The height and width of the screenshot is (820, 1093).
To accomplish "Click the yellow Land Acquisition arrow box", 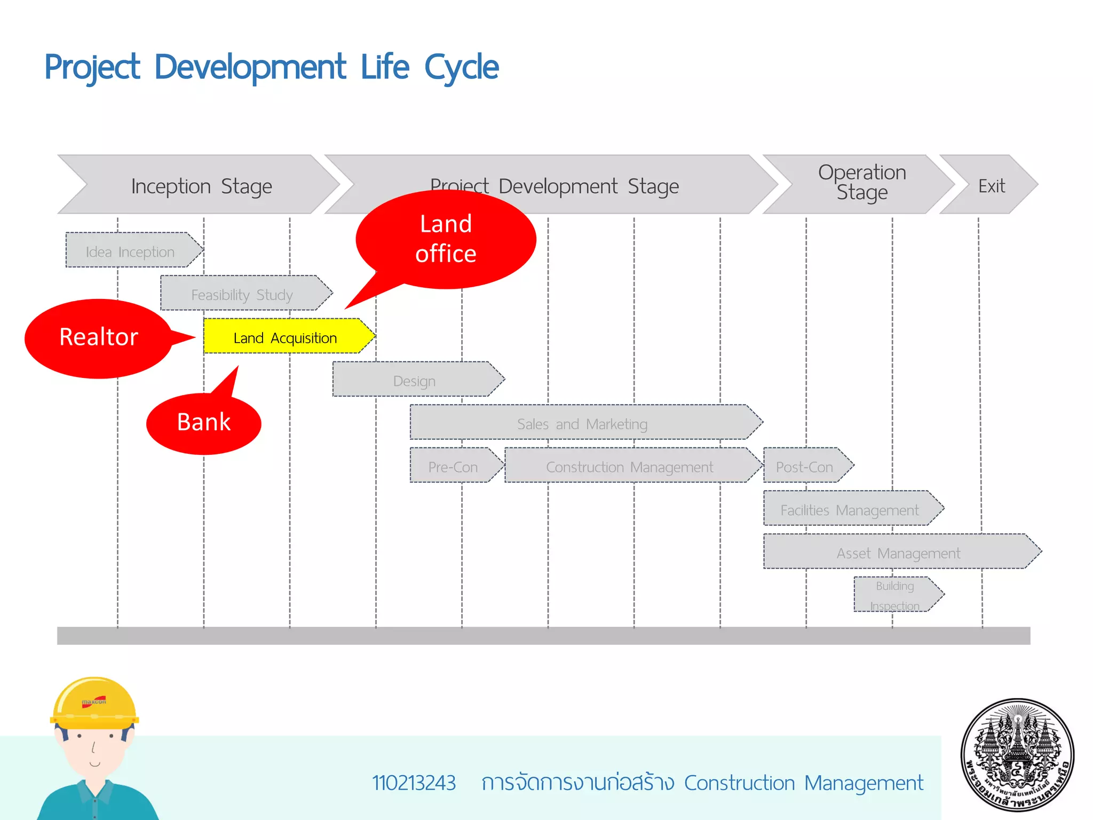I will (x=286, y=337).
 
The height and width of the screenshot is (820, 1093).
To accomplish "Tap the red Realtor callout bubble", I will (x=99, y=338).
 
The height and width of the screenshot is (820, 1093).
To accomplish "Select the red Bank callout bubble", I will (x=203, y=423).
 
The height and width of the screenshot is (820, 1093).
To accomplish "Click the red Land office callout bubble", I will (x=446, y=239).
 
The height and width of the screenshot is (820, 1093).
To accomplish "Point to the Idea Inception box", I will (x=131, y=251).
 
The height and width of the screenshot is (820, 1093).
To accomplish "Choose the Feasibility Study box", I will (x=243, y=294).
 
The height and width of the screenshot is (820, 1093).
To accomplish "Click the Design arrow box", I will (x=415, y=380).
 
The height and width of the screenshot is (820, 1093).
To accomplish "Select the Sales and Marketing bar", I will (x=582, y=423).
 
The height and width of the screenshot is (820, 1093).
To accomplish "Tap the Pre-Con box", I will (x=453, y=466).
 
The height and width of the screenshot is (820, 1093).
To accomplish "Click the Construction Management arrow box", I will (x=630, y=466).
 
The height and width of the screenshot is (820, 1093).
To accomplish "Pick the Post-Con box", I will (x=805, y=466).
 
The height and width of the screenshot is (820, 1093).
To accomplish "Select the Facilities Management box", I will (x=850, y=509).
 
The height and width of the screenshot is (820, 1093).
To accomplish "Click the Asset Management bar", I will (x=899, y=552).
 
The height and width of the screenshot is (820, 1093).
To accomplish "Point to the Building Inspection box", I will (x=895, y=595).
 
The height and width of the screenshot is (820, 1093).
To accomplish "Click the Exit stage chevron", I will (x=992, y=185).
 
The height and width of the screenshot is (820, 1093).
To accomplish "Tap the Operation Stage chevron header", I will (x=862, y=183).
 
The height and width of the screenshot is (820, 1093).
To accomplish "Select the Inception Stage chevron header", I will (x=202, y=186).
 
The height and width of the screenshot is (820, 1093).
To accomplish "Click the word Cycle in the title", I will (x=461, y=67).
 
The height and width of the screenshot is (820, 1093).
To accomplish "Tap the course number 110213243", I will (x=414, y=783).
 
